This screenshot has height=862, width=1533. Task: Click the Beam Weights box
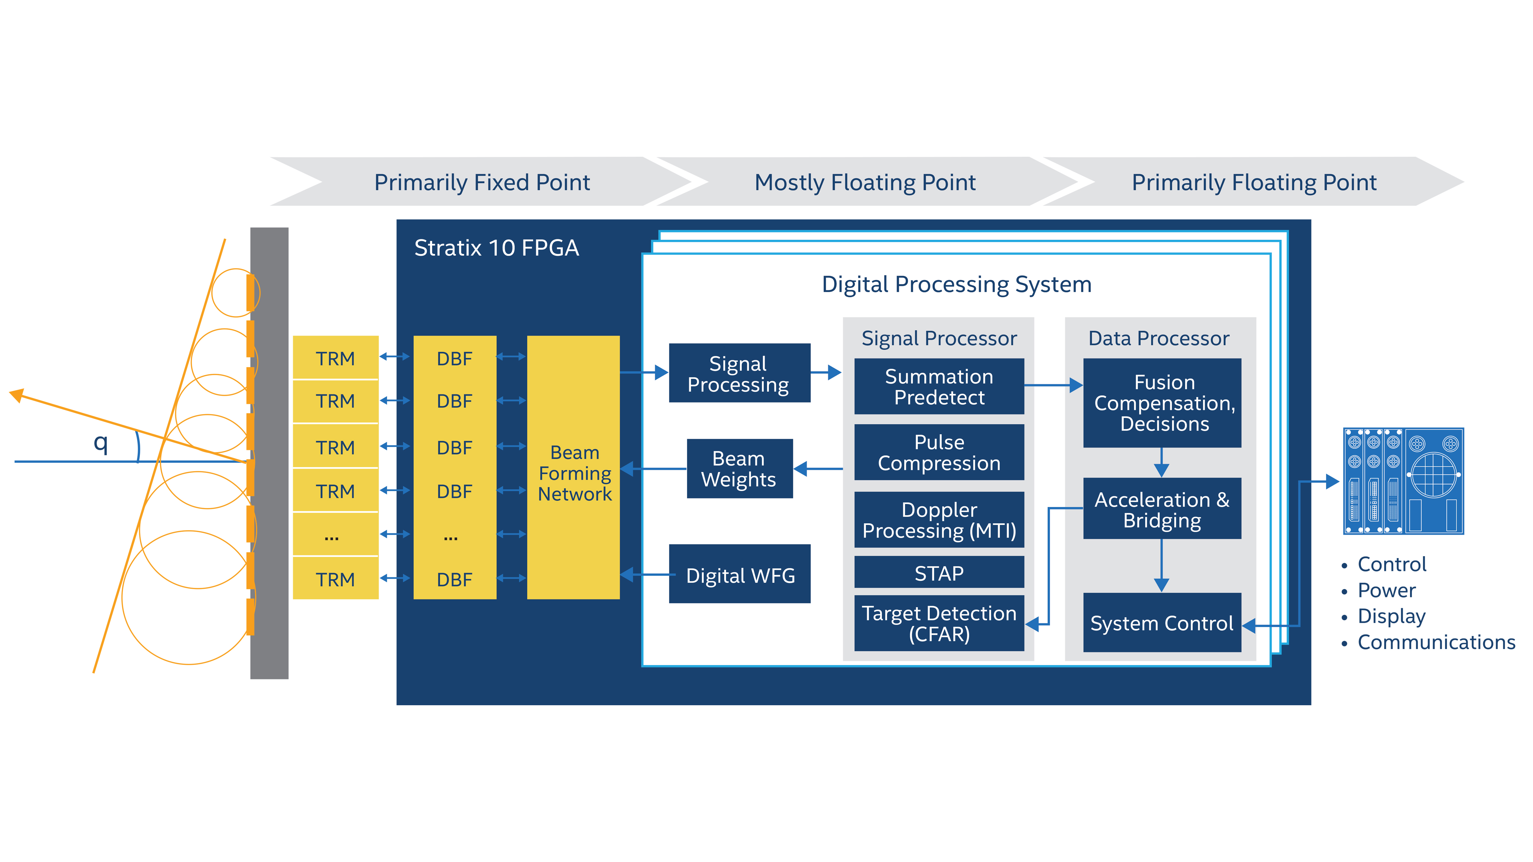(x=739, y=469)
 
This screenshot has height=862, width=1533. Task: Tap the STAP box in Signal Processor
(x=939, y=572)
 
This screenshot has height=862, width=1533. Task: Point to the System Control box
(x=1162, y=623)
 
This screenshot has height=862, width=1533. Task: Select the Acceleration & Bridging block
(x=1162, y=509)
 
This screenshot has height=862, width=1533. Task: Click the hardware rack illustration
(x=1403, y=481)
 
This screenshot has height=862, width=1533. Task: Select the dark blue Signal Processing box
(x=739, y=374)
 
